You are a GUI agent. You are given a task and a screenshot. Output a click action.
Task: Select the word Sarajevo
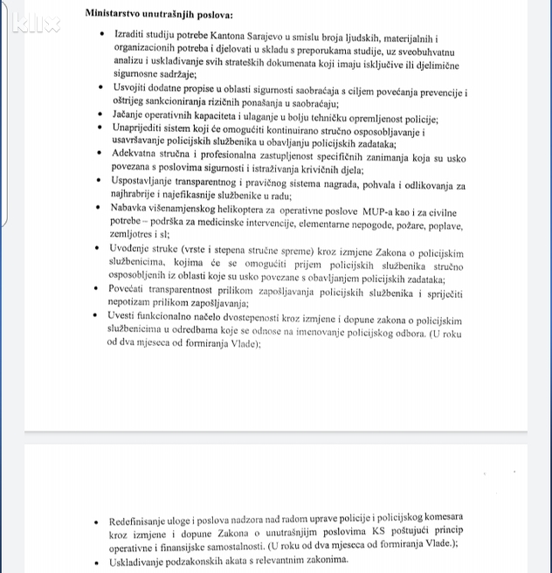251,34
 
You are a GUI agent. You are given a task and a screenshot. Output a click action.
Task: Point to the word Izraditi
133,34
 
